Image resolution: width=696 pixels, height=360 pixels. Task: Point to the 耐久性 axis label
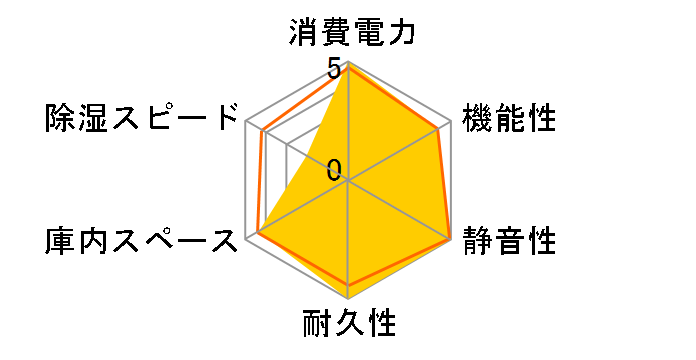pyautogui.click(x=348, y=325)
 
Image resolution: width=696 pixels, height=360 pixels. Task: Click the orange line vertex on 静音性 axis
pyautogui.click(x=449, y=238)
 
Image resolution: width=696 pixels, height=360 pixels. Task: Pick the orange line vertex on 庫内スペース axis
pyautogui.click(x=258, y=232)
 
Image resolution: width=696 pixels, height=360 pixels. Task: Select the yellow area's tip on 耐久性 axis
pyautogui.click(x=348, y=297)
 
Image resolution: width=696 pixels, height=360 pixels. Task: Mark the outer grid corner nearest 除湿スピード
pyautogui.click(x=247, y=122)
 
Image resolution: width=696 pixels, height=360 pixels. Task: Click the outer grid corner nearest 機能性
pyautogui.click(x=449, y=122)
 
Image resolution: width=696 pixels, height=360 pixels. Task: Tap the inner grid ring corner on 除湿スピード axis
pyautogui.click(x=287, y=145)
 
